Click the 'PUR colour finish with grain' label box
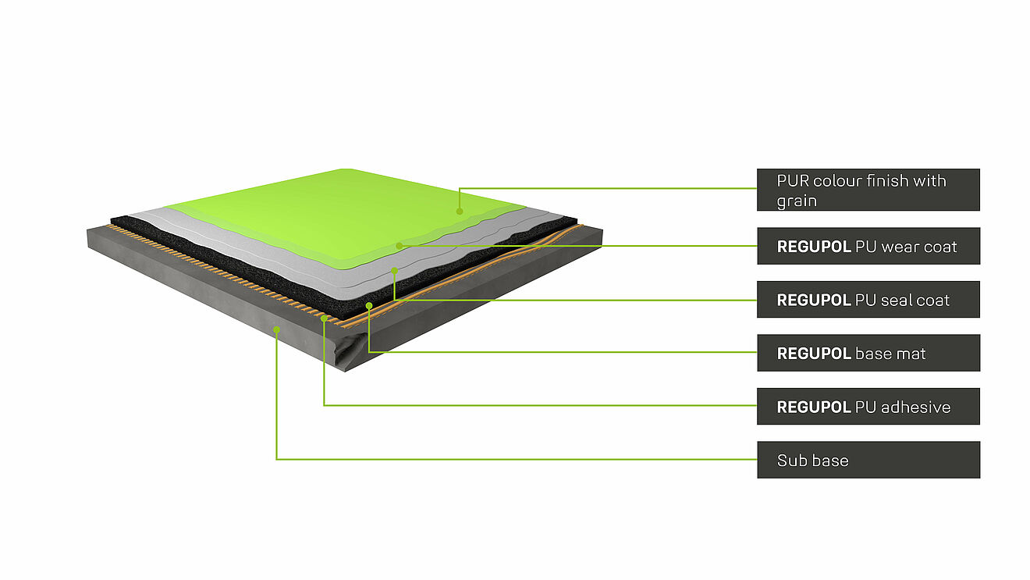click(x=868, y=190)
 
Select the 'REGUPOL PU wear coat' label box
click(x=868, y=247)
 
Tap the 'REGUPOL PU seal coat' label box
click(x=868, y=300)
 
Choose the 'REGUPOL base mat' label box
click(x=868, y=353)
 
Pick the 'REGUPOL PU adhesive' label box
click(x=868, y=407)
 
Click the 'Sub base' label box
click(x=868, y=460)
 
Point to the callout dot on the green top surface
click(x=459, y=211)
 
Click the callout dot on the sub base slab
click(x=276, y=329)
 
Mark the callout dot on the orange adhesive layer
click(x=324, y=318)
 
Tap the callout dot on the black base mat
click(x=369, y=304)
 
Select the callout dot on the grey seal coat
click(x=395, y=270)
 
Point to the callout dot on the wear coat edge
click(x=399, y=245)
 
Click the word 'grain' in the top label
click(x=796, y=201)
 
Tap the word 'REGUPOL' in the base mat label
click(x=813, y=354)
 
